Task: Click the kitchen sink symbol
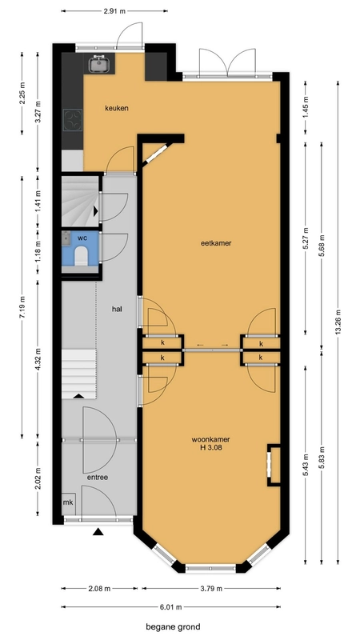pos(98,63)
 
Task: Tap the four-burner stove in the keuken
pos(73,119)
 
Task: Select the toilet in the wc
pos(82,257)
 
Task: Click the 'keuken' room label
pos(117,108)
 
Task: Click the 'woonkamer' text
pos(210,439)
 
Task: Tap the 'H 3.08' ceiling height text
pos(211,447)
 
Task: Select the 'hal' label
pos(117,309)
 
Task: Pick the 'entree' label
pos(98,477)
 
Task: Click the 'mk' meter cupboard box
pos(68,503)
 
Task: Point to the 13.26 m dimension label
pos(338,322)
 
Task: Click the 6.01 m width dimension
pos(170,606)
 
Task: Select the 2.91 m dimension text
pos(114,11)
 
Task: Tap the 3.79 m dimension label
pos(211,588)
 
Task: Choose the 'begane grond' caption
pos(174,627)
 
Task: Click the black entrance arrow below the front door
pos(98,531)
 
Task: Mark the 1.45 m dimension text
pos(306,107)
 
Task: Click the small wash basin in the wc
pos(66,238)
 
